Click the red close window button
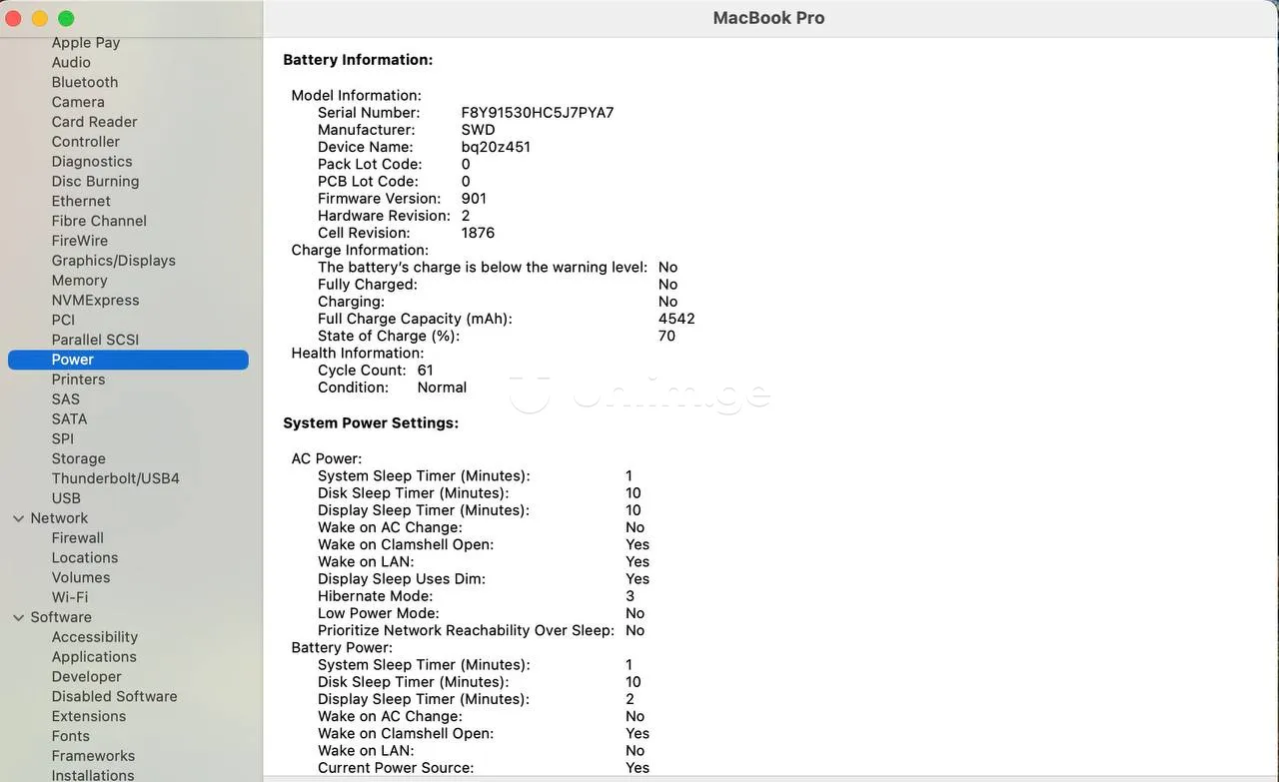click(14, 19)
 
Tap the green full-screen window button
click(66, 19)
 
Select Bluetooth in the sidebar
click(85, 82)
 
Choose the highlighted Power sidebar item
click(73, 360)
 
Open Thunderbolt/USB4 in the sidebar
click(116, 478)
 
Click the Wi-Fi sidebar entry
click(70, 597)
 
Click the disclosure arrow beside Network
click(18, 518)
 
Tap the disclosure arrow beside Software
click(18, 617)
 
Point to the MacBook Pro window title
click(768, 18)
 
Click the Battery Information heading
click(358, 60)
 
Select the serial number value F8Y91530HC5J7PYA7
click(538, 113)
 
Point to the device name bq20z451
click(496, 147)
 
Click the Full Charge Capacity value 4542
click(676, 319)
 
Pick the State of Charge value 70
click(666, 336)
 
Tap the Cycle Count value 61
click(426, 370)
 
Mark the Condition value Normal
click(442, 388)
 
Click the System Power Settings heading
click(371, 423)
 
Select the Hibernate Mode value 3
click(631, 596)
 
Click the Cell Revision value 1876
click(478, 233)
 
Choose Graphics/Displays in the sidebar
click(114, 261)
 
